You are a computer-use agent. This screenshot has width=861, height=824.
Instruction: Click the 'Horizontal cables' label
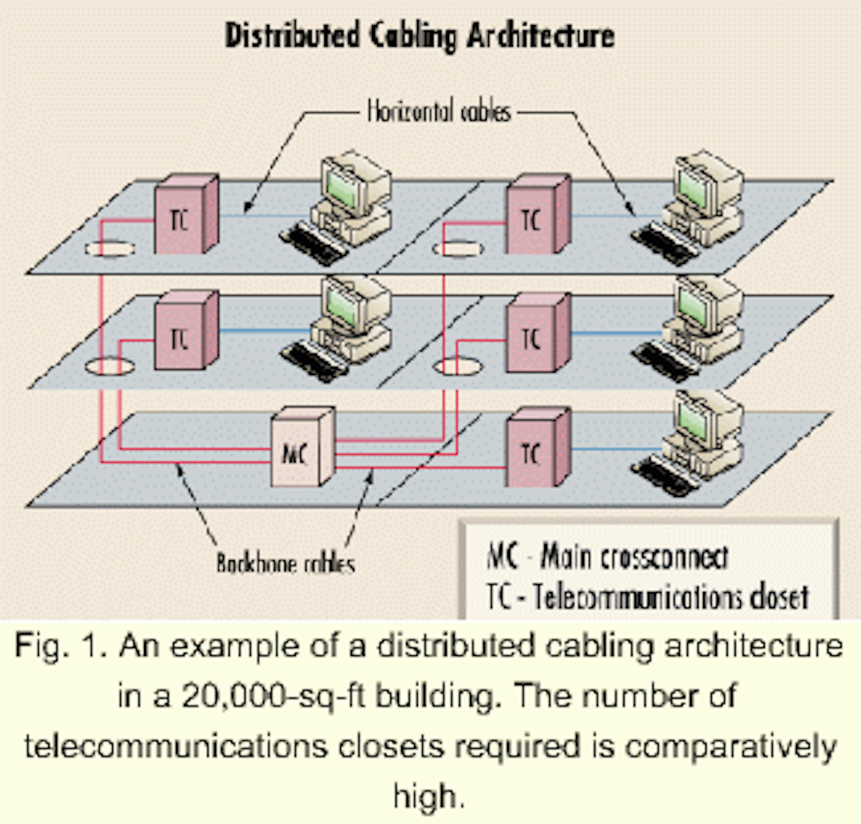(x=439, y=112)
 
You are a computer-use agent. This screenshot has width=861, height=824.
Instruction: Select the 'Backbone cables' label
(x=285, y=564)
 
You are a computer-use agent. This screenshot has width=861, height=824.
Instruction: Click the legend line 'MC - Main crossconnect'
(x=607, y=557)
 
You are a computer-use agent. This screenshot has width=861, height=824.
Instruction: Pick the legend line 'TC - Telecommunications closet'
(x=648, y=596)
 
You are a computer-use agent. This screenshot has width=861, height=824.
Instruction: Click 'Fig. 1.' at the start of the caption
(x=60, y=646)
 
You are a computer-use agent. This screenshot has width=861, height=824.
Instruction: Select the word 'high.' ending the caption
(x=429, y=796)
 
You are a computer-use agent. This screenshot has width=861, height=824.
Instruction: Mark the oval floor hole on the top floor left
(x=109, y=248)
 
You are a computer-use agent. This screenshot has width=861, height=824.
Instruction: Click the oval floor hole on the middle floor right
(x=457, y=367)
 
